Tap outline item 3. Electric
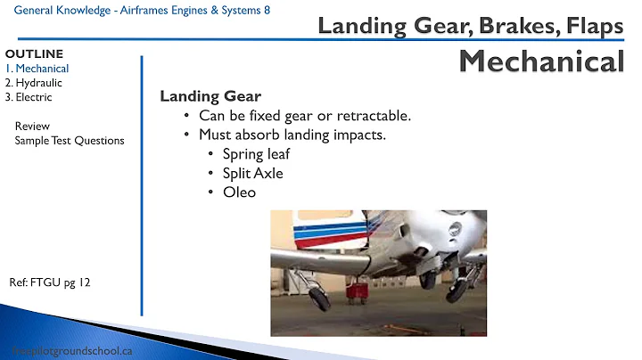point(29,97)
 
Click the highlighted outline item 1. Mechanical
point(37,69)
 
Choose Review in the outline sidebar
point(32,126)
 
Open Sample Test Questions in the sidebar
point(70,140)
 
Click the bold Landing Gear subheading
point(210,97)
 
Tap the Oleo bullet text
point(239,192)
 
